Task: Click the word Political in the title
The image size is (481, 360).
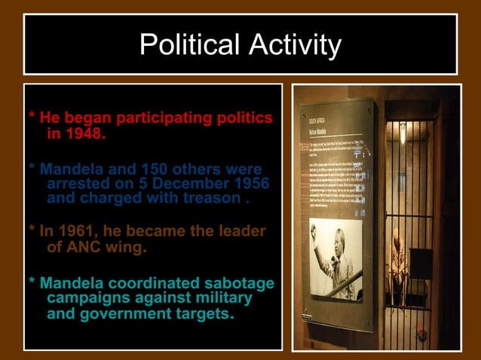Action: tap(185, 45)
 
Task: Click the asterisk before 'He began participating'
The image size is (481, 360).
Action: tap(32, 119)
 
